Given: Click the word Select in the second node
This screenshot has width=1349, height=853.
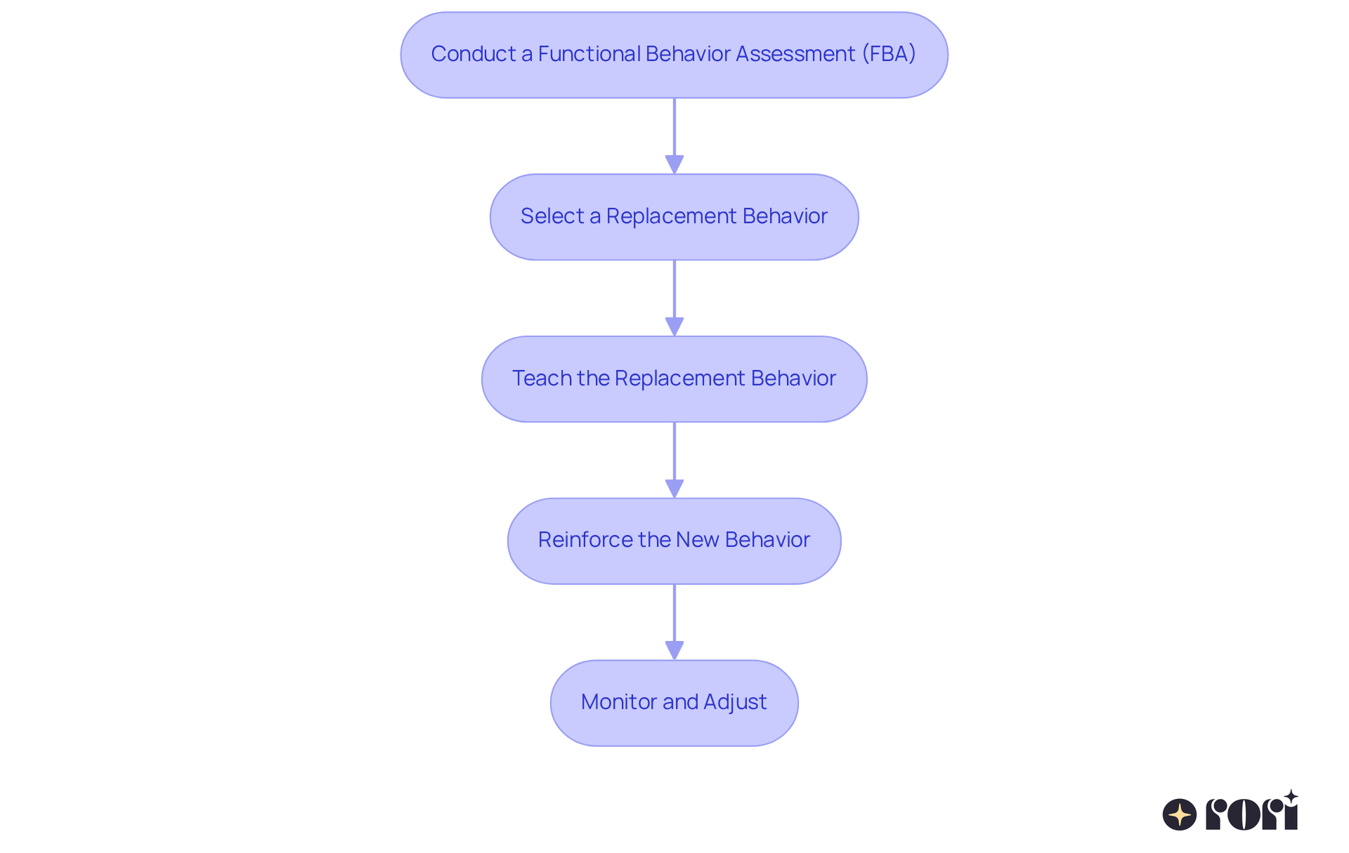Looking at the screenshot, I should (x=552, y=216).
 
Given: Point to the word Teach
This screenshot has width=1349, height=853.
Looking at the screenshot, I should (x=542, y=378).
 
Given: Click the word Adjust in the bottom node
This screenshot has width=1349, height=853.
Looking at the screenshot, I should (x=735, y=702).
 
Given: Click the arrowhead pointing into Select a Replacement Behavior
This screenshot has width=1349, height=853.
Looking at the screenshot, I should (x=674, y=164).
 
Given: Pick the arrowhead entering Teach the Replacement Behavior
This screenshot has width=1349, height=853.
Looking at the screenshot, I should (x=674, y=326).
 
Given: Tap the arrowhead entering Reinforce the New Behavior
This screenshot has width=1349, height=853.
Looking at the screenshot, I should (x=674, y=489).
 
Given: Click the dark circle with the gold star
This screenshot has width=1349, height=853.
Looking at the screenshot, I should (x=1180, y=814).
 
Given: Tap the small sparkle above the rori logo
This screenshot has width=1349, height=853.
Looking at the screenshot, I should (x=1291, y=797).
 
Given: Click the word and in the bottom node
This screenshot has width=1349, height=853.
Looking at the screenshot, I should (x=679, y=702).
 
